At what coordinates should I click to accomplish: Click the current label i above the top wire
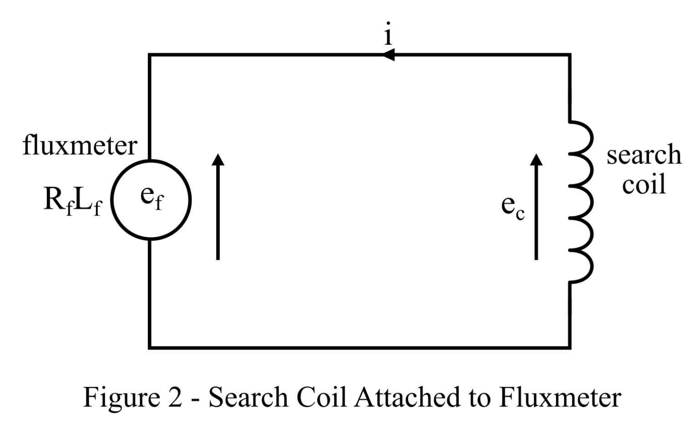[x=388, y=34]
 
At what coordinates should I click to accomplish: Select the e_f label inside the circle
[x=151, y=197]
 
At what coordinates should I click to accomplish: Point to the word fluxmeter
[x=80, y=146]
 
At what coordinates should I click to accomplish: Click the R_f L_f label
[x=72, y=201]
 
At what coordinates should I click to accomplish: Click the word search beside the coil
[x=644, y=155]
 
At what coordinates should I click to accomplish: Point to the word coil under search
[x=644, y=184]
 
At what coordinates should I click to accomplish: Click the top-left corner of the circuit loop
[x=150, y=55]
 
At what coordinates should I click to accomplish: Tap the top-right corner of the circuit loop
[x=570, y=55]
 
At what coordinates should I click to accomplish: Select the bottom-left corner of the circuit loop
[x=150, y=348]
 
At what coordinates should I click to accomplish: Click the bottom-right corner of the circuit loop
[x=570, y=348]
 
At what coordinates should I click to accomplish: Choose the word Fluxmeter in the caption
[x=559, y=397]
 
